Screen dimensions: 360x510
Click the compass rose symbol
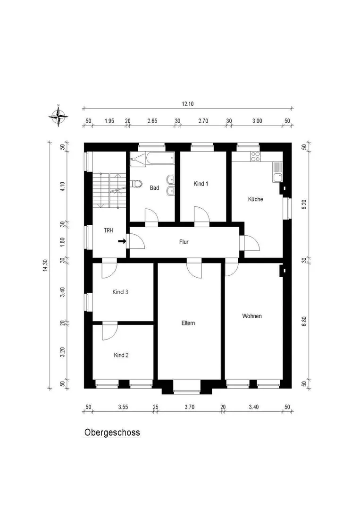coord(59,116)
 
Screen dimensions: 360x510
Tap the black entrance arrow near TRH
coord(122,241)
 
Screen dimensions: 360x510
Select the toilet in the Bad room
coord(137,184)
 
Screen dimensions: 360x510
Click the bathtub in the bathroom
coord(160,159)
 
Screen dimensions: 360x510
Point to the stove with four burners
coord(255,157)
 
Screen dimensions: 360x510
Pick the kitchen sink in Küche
coord(278,172)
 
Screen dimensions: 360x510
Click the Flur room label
coord(184,242)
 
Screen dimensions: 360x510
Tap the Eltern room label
coord(188,323)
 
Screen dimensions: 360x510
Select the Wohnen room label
coord(252,316)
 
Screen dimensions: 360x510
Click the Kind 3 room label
coord(120,292)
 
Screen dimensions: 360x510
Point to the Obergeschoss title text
coord(112,433)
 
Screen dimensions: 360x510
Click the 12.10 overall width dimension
coord(188,104)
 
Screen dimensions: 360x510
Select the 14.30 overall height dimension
coord(45,265)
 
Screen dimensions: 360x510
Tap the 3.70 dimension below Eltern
coord(189,407)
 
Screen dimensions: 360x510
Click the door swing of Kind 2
coord(109,332)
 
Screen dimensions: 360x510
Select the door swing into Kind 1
coord(202,214)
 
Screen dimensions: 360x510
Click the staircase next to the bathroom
coord(109,190)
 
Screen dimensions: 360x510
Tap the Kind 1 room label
coord(201,184)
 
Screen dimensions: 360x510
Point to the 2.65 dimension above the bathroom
coord(152,121)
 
